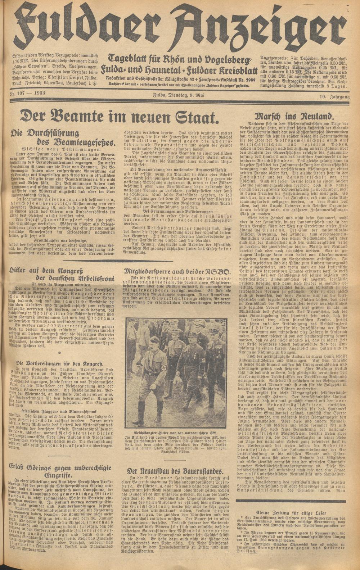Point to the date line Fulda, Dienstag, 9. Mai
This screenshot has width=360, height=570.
click(x=179, y=95)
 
